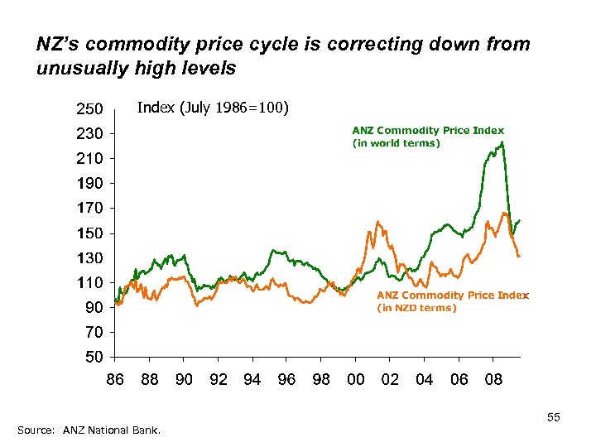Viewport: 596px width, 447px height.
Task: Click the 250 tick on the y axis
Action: (x=89, y=108)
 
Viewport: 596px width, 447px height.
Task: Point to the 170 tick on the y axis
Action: (x=89, y=208)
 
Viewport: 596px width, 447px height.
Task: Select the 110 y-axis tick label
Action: (x=89, y=282)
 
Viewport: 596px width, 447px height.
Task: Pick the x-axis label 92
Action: (x=219, y=379)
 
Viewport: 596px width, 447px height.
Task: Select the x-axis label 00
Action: (x=355, y=379)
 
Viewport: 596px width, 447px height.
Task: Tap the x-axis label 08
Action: (x=493, y=379)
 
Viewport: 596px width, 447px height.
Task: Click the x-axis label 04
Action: (x=424, y=379)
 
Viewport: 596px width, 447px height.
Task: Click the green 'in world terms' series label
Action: (x=427, y=137)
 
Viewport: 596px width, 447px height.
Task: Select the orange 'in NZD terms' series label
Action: (x=451, y=301)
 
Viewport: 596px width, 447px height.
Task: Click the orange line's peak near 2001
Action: (x=377, y=221)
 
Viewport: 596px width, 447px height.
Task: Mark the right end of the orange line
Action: (x=519, y=257)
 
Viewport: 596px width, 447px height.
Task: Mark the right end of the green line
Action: (x=519, y=221)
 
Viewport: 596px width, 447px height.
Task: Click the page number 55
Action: (x=553, y=418)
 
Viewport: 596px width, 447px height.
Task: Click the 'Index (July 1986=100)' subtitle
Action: (x=212, y=107)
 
